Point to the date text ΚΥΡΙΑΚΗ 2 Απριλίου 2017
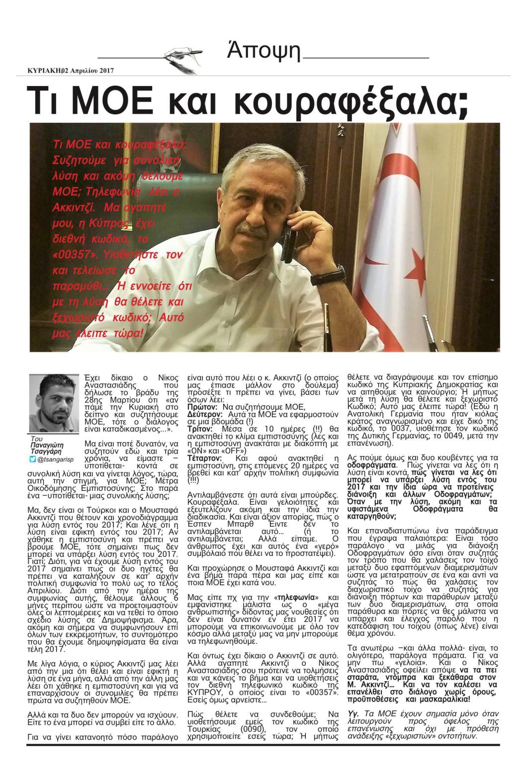[71, 71]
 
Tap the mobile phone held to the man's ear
[288, 243]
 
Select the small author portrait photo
[54, 403]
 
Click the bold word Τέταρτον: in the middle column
[204, 458]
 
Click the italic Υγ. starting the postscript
[353, 713]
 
